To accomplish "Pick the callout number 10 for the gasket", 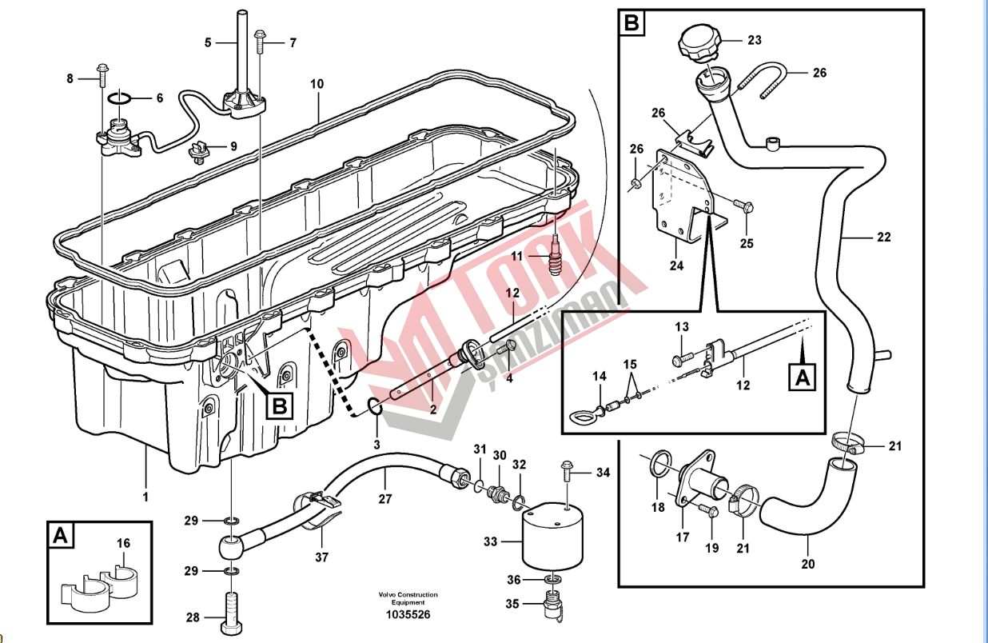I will [317, 83].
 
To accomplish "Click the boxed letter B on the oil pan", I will [278, 406].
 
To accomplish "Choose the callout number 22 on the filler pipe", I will [882, 238].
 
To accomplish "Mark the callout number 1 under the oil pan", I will [145, 497].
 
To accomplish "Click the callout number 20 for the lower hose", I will [808, 565].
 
